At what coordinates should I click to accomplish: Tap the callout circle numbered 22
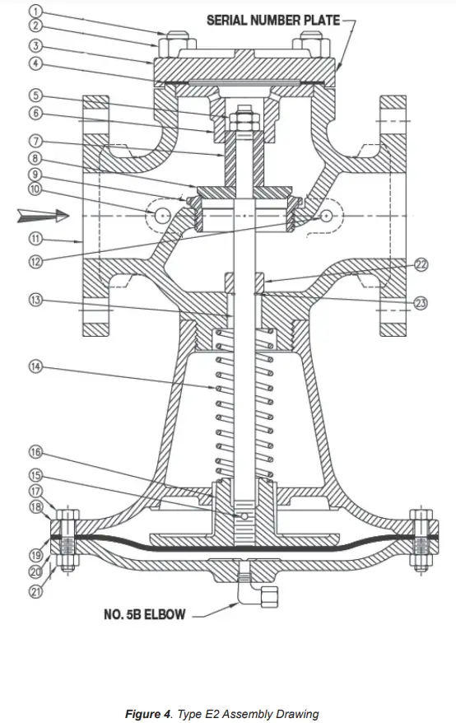click(421, 264)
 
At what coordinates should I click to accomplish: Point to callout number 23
click(421, 303)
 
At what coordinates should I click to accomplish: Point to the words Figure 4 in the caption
click(147, 713)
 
